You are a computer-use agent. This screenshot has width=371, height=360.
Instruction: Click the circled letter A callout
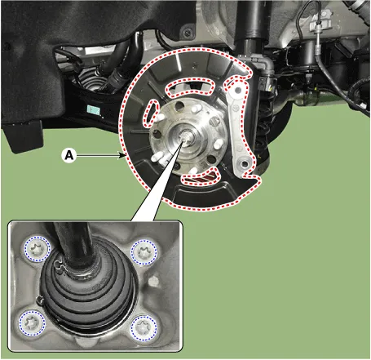(69, 155)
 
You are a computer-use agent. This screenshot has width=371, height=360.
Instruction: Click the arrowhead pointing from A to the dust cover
(123, 156)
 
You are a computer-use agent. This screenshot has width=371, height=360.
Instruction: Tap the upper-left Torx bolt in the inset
(38, 249)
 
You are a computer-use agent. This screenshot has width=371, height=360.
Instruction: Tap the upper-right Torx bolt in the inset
(144, 252)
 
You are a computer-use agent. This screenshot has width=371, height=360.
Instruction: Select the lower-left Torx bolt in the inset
(32, 323)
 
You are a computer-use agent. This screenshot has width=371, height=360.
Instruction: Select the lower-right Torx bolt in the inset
(144, 328)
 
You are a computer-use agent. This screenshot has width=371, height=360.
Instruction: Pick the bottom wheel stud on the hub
(192, 171)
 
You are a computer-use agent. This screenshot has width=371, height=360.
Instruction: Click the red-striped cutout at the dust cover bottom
(201, 177)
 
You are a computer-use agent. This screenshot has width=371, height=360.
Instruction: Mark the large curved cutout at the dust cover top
(190, 87)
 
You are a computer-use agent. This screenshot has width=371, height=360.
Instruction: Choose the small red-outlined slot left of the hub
(151, 113)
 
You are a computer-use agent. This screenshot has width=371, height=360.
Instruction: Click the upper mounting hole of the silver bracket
(237, 90)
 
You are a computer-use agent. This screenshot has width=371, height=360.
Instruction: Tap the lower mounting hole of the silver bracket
(245, 164)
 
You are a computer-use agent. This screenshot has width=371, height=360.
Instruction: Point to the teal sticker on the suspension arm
(94, 109)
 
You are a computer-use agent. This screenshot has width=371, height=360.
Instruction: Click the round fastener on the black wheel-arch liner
(188, 33)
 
